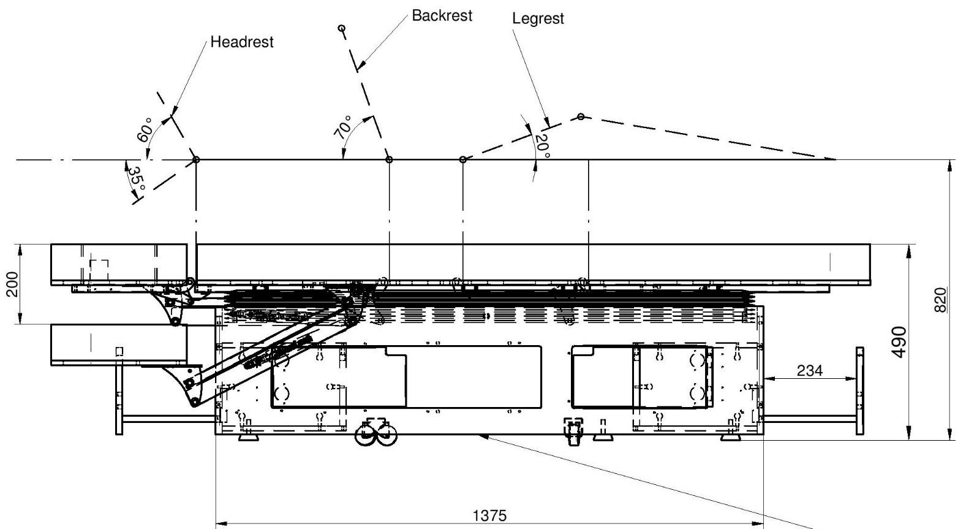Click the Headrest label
click(241, 42)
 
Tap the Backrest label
click(442, 16)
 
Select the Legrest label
click(537, 19)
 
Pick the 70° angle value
click(344, 127)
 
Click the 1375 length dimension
click(490, 516)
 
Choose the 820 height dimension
click(941, 299)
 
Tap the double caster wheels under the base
click(377, 435)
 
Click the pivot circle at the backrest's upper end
click(342, 28)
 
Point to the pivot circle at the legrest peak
click(581, 116)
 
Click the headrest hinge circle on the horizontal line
click(196, 160)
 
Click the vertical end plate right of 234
click(859, 390)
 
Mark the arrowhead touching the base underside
click(483, 436)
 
